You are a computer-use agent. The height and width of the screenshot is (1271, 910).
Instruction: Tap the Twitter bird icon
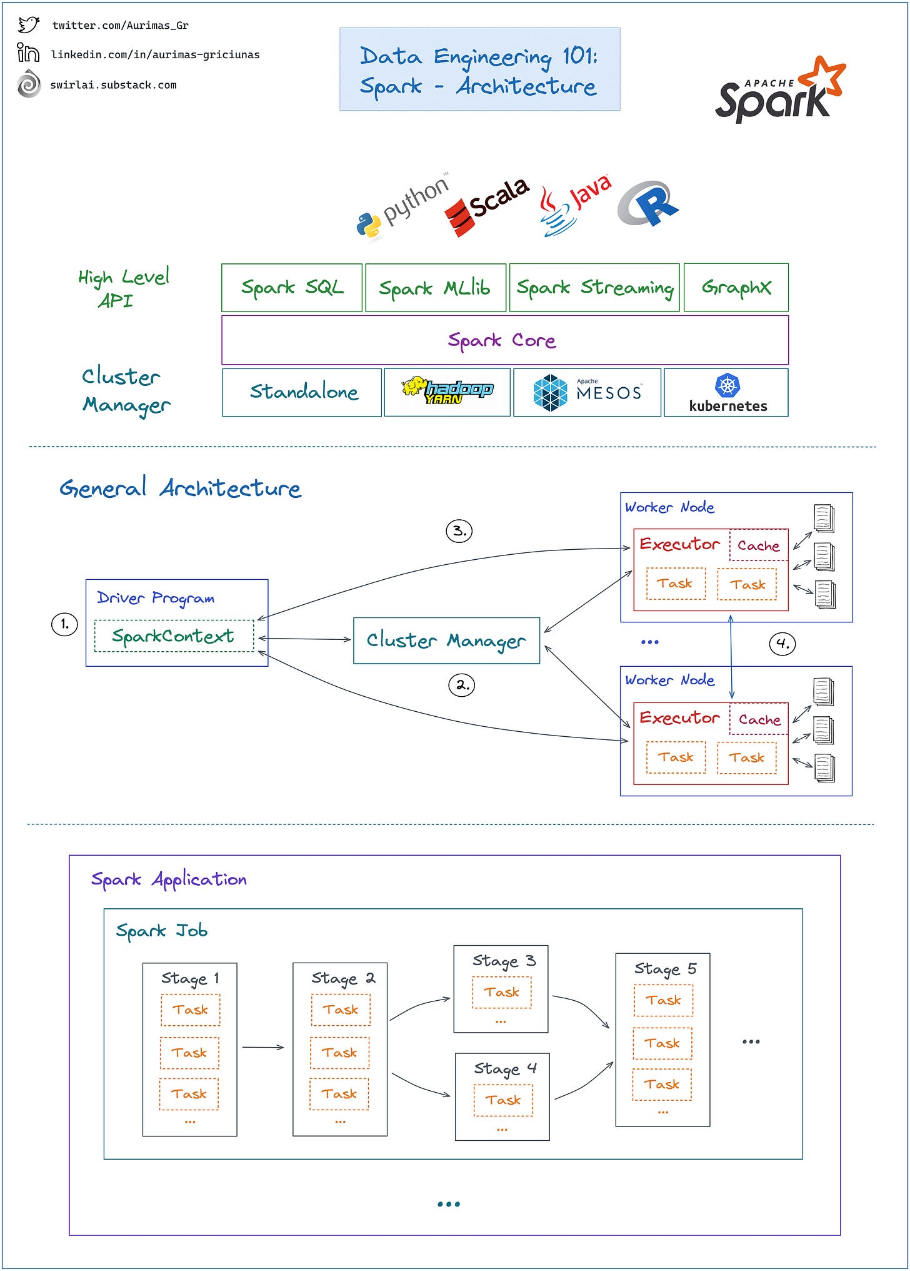28,25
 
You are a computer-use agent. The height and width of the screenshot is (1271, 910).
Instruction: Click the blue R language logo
648,204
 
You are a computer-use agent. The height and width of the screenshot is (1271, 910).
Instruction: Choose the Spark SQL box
292,288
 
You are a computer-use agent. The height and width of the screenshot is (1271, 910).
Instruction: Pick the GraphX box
736,288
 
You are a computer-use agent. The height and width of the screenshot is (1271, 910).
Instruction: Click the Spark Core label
502,340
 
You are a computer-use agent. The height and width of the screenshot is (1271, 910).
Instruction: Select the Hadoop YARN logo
447,391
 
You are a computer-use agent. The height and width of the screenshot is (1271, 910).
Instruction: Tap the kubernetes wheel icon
727,385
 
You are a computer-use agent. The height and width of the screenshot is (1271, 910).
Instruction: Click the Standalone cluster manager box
302,392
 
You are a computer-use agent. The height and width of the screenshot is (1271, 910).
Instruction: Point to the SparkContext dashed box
174,636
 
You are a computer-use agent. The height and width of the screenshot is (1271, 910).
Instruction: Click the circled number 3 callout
459,531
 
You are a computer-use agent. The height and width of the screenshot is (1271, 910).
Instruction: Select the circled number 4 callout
782,643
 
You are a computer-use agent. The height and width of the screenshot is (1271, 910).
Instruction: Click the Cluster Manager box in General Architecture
446,641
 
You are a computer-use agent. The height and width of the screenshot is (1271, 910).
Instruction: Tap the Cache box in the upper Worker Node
758,545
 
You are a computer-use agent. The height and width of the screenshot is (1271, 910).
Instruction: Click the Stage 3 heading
504,961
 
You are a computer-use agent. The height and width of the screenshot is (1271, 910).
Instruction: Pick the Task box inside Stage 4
503,1100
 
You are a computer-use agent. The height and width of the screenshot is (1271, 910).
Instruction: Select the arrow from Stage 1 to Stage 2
263,1047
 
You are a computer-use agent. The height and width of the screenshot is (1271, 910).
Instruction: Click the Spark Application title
169,879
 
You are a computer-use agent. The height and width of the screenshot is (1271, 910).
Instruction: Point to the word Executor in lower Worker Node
679,717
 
